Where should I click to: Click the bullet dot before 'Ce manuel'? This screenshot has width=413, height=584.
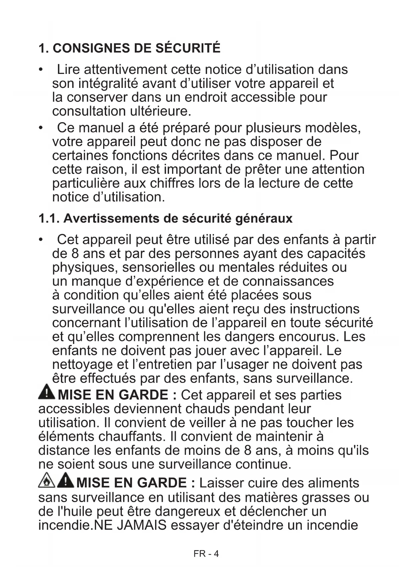(x=41, y=128)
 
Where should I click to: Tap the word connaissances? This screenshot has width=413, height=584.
(x=288, y=281)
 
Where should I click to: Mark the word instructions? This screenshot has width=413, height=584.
(x=324, y=309)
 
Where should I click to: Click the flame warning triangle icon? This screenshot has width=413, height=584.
(x=47, y=481)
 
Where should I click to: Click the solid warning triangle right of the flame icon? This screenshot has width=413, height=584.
(x=66, y=480)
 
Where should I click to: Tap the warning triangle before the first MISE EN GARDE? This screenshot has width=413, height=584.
(x=47, y=392)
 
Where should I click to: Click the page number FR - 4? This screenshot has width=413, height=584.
(x=206, y=554)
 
